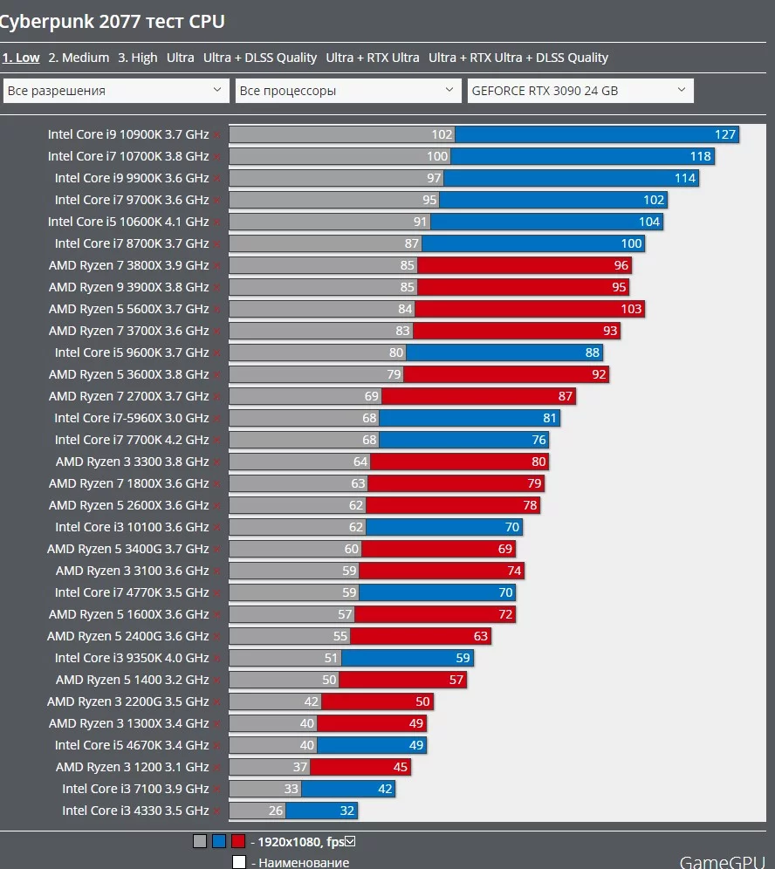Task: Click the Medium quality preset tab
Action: click(79, 58)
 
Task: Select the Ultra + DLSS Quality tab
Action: click(260, 58)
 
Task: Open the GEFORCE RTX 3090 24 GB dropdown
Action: click(580, 91)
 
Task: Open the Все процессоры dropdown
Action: click(348, 91)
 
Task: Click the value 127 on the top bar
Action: click(725, 134)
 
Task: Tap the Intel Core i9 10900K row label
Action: click(128, 134)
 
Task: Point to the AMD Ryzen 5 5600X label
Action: click(128, 309)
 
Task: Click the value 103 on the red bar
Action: click(631, 309)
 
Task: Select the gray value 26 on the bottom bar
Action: click(275, 811)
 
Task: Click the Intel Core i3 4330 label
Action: click(135, 811)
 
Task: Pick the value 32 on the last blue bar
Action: click(347, 811)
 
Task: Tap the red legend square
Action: click(238, 842)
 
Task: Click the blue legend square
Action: click(219, 842)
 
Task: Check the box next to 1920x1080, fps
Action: click(350, 842)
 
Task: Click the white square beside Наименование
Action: click(239, 862)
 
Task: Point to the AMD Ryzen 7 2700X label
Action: click(128, 396)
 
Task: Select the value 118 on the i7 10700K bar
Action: click(701, 156)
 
